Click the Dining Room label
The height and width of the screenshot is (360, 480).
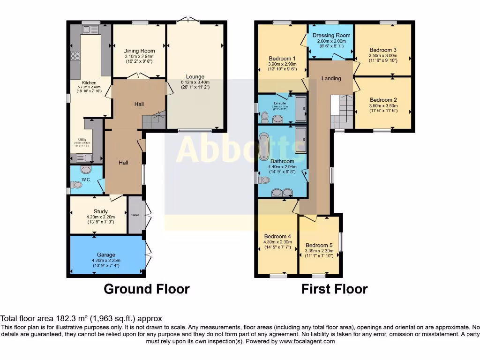pyautogui.click(x=139, y=51)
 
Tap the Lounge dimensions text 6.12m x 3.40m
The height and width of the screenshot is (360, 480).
pyautogui.click(x=195, y=83)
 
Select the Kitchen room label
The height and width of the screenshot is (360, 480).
pyautogui.click(x=89, y=83)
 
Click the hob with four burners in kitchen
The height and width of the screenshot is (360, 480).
pyautogui.click(x=75, y=56)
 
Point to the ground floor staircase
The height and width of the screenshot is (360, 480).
pyautogui.click(x=154, y=121)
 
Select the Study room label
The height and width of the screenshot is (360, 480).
pyautogui.click(x=100, y=211)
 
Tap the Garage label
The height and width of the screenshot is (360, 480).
pyautogui.click(x=106, y=255)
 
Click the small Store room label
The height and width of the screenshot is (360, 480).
pyautogui.click(x=135, y=215)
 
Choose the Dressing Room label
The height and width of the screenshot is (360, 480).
pyautogui.click(x=331, y=36)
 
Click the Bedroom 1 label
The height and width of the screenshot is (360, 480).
pyautogui.click(x=282, y=59)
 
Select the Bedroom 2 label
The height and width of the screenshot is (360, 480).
pyautogui.click(x=383, y=100)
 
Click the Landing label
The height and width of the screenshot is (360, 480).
pyautogui.click(x=331, y=78)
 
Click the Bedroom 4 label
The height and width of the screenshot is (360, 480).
pyautogui.click(x=277, y=236)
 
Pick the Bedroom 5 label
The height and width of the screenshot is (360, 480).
pyautogui.click(x=319, y=245)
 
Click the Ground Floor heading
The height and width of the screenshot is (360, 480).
pyautogui.click(x=146, y=289)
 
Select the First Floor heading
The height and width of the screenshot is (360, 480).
pyautogui.click(x=334, y=289)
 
